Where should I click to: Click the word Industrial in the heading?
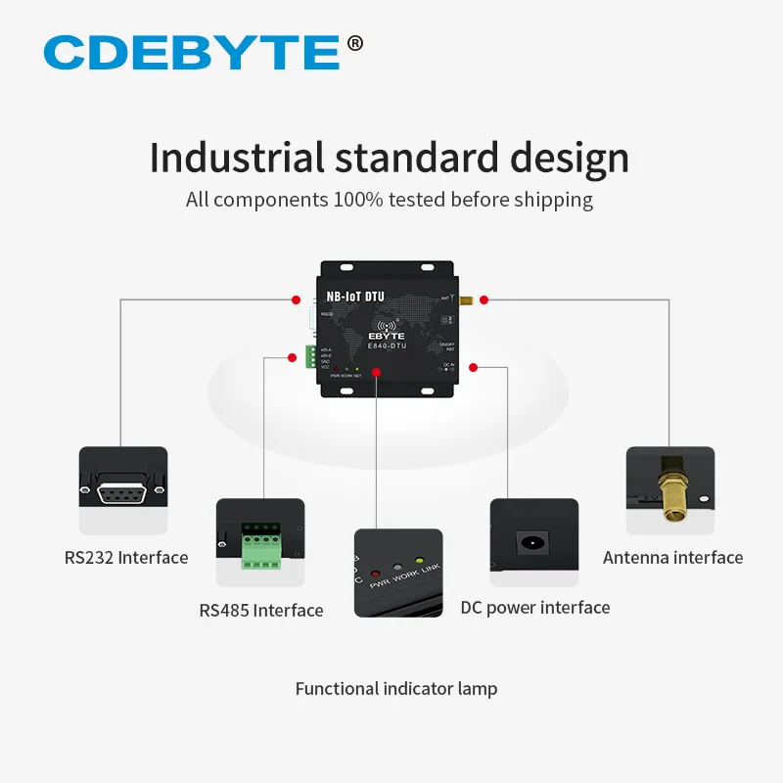pyautogui.click(x=236, y=159)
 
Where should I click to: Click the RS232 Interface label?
pyautogui.click(x=126, y=558)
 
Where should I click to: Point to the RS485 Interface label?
pyautogui.click(x=261, y=611)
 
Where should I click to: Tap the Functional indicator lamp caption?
pyautogui.click(x=396, y=689)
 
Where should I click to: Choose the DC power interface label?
pyautogui.click(x=535, y=608)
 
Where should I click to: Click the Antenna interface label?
pyautogui.click(x=673, y=558)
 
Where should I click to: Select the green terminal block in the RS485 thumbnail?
pyautogui.click(x=259, y=549)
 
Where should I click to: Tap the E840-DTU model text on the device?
pyautogui.click(x=389, y=345)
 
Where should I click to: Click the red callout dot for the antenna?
pyautogui.click(x=484, y=299)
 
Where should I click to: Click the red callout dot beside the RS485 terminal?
pyautogui.click(x=292, y=358)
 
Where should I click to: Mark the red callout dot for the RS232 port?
pyautogui.click(x=296, y=299)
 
